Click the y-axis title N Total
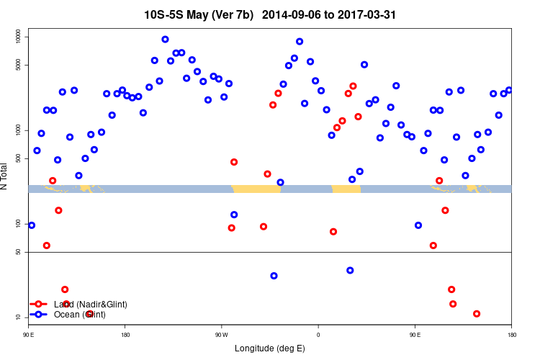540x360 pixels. point(5,176)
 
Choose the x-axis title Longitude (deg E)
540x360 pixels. point(270,348)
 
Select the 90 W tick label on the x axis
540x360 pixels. point(221,335)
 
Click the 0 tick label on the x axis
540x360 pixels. point(318,335)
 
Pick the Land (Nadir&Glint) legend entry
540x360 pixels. point(90,305)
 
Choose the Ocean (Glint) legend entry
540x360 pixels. point(80,315)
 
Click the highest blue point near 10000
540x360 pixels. point(165,40)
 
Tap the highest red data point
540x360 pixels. point(353,86)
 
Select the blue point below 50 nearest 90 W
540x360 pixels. point(274,276)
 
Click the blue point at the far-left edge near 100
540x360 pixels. point(32,225)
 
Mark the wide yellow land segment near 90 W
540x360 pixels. point(256,189)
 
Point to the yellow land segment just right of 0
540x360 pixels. point(346,189)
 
